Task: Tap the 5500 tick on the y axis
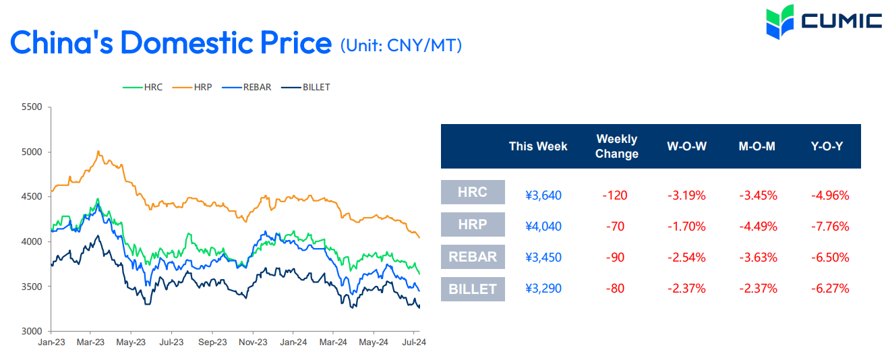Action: (32, 107)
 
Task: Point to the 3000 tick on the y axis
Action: (32, 331)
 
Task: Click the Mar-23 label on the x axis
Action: (90, 342)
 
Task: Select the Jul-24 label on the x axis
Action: (413, 342)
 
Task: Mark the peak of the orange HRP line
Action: (98, 152)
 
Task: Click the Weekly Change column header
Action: (616, 146)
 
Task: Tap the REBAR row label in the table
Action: (473, 257)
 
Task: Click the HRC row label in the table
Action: (473, 192)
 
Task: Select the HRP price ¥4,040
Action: (543, 227)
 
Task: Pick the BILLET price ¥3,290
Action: (543, 289)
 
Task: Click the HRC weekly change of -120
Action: (614, 196)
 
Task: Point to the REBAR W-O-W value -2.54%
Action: (686, 258)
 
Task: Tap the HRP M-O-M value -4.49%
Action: (758, 227)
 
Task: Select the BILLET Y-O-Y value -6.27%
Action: (829, 289)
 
